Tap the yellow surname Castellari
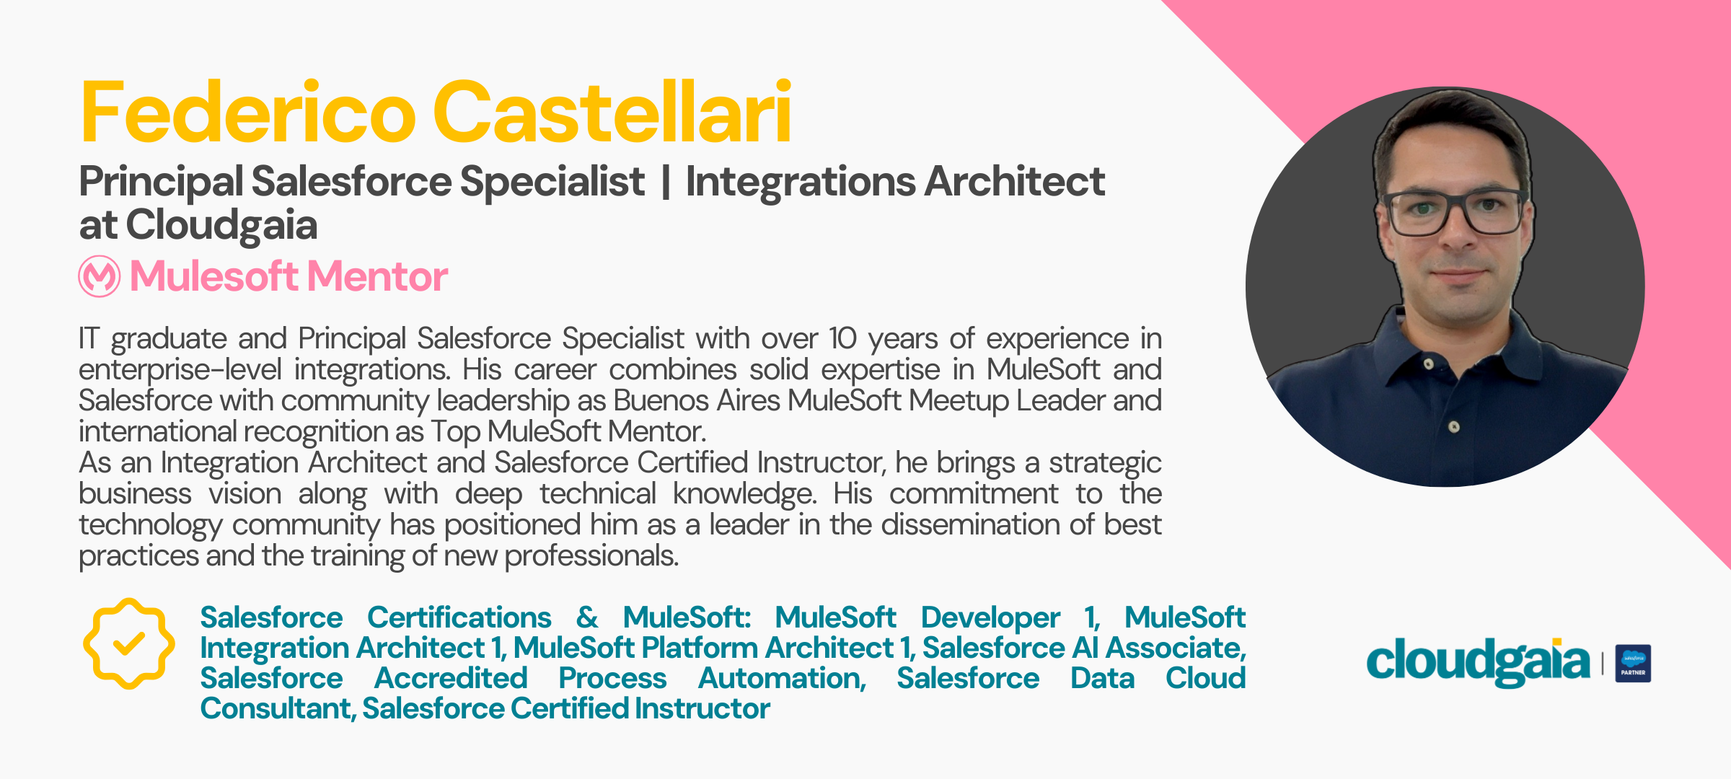pyautogui.click(x=612, y=112)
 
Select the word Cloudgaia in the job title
pyautogui.click(x=221, y=225)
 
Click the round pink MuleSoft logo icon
pyautogui.click(x=100, y=276)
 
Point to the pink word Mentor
pyautogui.click(x=377, y=276)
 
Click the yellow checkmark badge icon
pyautogui.click(x=128, y=643)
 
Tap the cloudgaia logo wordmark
pyautogui.click(x=1478, y=661)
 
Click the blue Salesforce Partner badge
pyautogui.click(x=1633, y=663)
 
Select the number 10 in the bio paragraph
pyautogui.click(x=842, y=338)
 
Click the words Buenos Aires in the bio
pyautogui.click(x=697, y=400)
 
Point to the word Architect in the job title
pyautogui.click(x=1015, y=181)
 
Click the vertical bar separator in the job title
pyautogui.click(x=665, y=182)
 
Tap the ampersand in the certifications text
pyautogui.click(x=587, y=617)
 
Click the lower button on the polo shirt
pyautogui.click(x=1454, y=427)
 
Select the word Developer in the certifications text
pyautogui.click(x=990, y=617)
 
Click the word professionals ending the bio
pyautogui.click(x=591, y=556)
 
